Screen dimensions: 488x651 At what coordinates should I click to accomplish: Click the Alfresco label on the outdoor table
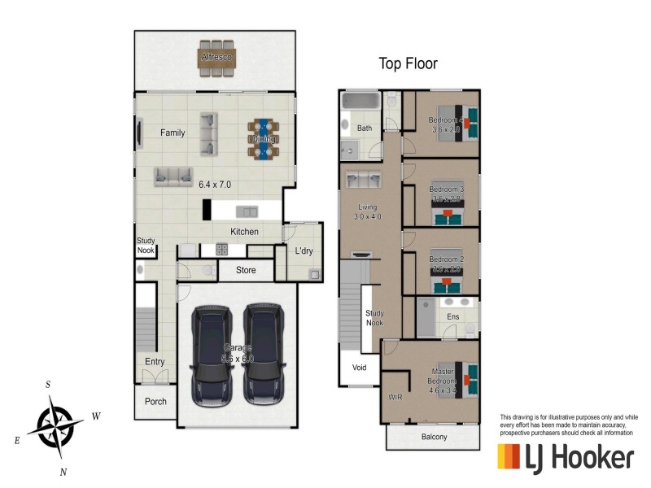click(216, 58)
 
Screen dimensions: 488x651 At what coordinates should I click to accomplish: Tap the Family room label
click(173, 133)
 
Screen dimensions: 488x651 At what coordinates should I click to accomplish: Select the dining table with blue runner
click(264, 138)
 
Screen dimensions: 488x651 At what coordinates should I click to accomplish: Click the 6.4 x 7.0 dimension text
click(215, 185)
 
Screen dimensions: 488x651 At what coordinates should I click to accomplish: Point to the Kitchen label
click(244, 232)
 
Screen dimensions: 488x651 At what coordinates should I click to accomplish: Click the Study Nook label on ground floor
click(146, 245)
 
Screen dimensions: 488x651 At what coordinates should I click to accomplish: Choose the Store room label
click(246, 270)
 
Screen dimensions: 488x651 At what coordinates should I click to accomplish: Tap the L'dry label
click(304, 251)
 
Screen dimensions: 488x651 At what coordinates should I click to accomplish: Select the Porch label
click(155, 401)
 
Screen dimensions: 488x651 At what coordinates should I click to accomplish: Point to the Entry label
click(155, 362)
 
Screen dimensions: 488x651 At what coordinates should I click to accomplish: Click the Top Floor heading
click(409, 63)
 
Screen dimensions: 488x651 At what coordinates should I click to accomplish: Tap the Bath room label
click(365, 129)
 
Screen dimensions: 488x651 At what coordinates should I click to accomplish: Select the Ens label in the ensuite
click(453, 316)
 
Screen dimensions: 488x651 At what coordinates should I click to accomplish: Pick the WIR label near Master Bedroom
click(396, 398)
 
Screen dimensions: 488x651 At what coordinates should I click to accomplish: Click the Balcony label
click(434, 437)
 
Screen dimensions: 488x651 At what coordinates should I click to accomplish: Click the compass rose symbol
click(55, 423)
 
